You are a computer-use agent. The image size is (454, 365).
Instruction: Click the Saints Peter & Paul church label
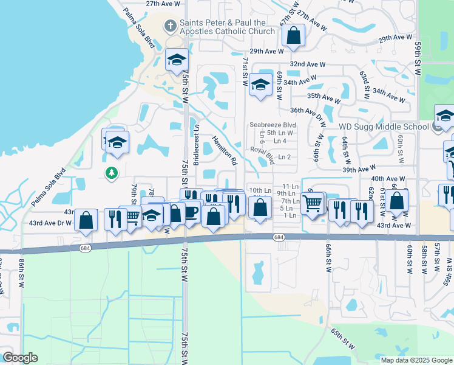227,26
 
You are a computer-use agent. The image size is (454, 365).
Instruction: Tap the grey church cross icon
171,26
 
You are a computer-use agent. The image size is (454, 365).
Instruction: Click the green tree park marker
111,173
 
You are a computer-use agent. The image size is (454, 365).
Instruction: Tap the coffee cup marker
191,212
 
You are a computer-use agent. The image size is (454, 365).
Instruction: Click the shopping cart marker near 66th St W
313,203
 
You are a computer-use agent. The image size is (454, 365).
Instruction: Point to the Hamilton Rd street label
223,151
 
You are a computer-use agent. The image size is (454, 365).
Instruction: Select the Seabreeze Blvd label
272,125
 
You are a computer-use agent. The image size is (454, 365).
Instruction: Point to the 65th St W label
343,338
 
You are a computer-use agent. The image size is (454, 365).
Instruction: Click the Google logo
20,357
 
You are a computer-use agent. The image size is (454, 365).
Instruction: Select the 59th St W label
418,54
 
